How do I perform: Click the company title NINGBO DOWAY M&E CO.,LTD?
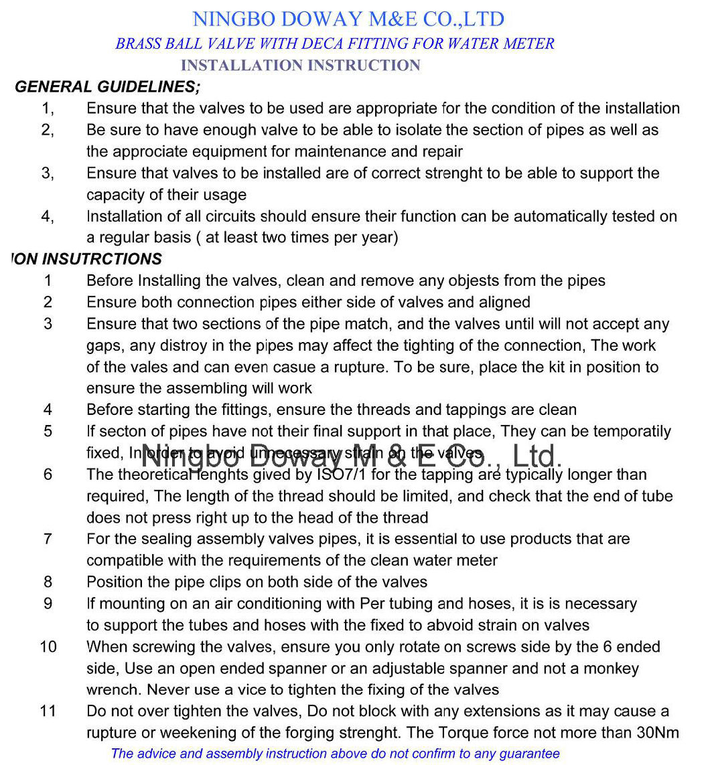[348, 19]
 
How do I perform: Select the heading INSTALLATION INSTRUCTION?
[300, 66]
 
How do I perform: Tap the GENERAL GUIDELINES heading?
[106, 87]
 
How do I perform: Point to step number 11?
[48, 711]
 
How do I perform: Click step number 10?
[48, 647]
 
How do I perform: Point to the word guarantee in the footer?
[527, 754]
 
